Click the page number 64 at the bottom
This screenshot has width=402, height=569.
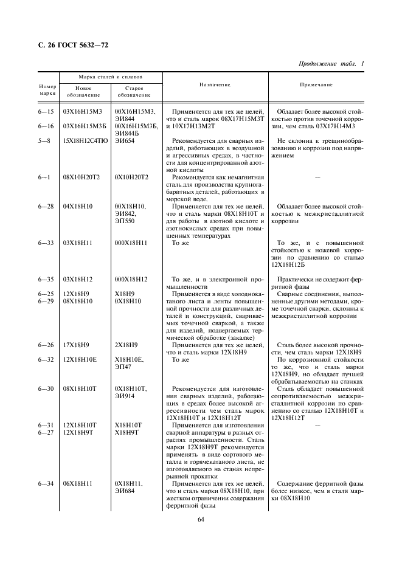201,519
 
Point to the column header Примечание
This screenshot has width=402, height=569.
316,85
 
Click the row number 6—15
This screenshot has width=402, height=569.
46,112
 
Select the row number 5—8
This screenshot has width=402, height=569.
46,140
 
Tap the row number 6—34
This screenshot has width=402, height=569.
46,483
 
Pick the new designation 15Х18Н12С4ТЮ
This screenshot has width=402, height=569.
85,140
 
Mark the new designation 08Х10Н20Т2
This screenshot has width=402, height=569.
81,177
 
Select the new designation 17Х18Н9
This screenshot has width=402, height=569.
77,345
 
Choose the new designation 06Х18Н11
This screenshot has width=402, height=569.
78,483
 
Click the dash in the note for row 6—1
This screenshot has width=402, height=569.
316,178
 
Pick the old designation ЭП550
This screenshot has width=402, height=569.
125,221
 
